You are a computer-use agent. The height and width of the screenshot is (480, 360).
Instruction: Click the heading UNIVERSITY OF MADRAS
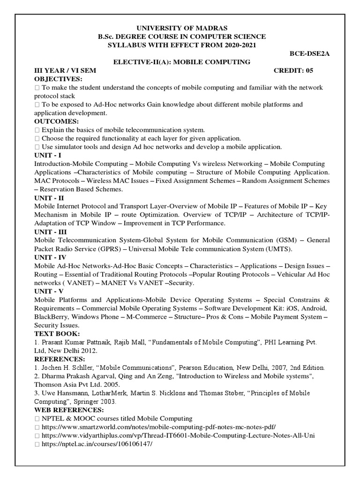180,28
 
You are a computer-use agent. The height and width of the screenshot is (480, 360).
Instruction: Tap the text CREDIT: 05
293,70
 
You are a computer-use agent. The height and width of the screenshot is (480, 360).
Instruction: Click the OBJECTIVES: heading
58,79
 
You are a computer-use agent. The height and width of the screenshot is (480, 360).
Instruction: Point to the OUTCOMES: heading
56,121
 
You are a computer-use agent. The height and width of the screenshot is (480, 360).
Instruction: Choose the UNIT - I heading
48,155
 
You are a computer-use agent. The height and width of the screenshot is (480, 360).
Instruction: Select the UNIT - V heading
49,291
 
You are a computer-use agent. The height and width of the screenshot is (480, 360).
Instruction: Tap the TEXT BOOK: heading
57,333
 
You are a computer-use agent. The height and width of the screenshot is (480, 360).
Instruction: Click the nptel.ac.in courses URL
97,444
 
